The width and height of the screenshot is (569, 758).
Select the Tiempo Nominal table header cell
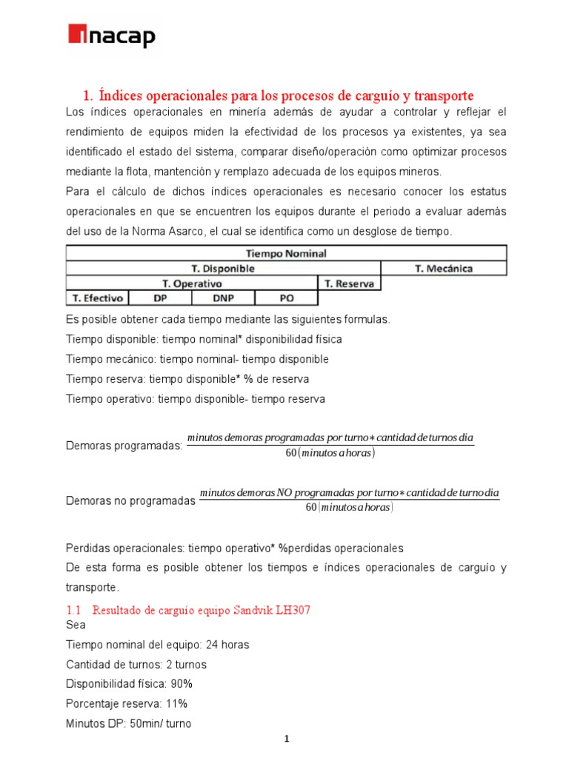click(x=286, y=253)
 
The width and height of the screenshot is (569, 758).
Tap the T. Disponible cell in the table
click(x=223, y=268)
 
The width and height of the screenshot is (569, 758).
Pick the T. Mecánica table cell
click(x=443, y=268)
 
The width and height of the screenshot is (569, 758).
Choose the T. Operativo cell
click(x=191, y=283)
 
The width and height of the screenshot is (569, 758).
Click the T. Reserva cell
click(x=348, y=283)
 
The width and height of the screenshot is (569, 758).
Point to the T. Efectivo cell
click(x=96, y=298)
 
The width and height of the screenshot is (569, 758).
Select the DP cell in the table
click(x=159, y=298)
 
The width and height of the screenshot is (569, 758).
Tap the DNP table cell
click(x=222, y=298)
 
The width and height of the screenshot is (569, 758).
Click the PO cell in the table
click(x=286, y=298)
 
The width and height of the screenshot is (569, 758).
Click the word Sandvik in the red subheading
click(x=252, y=611)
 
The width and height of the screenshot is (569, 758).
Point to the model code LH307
click(x=293, y=611)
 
